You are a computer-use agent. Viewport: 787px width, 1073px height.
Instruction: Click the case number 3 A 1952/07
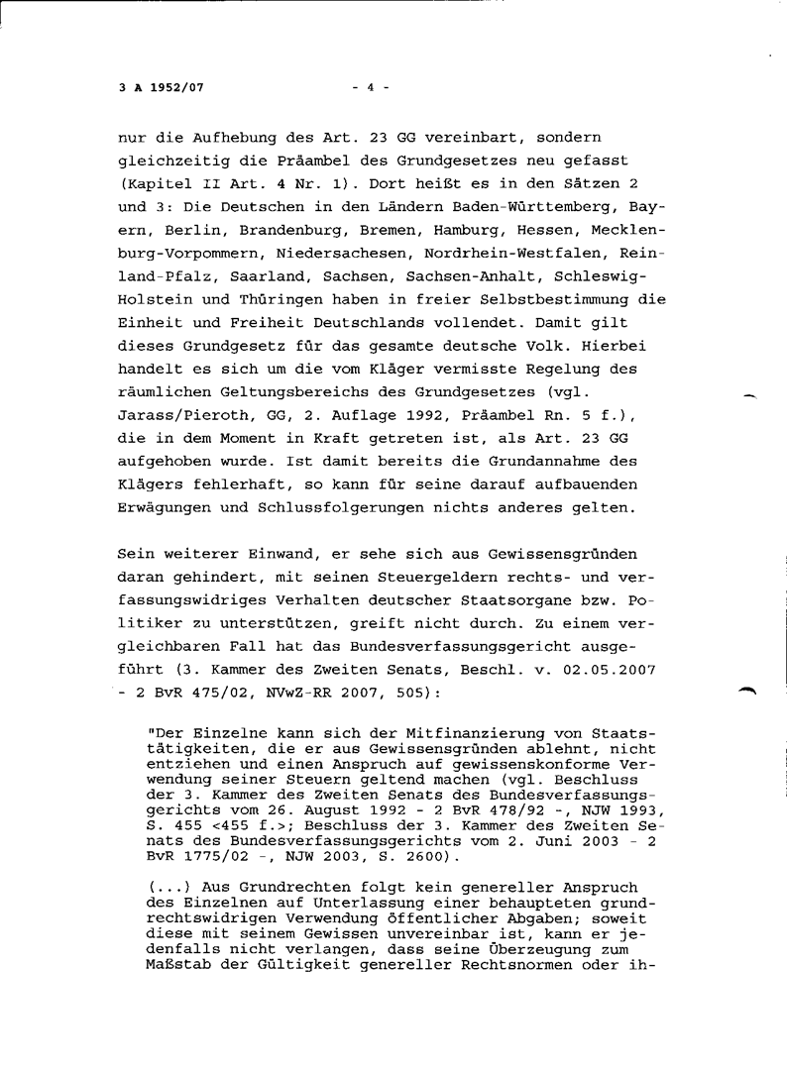click(x=162, y=87)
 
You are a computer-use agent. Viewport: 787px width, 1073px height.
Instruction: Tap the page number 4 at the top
click(x=370, y=87)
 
